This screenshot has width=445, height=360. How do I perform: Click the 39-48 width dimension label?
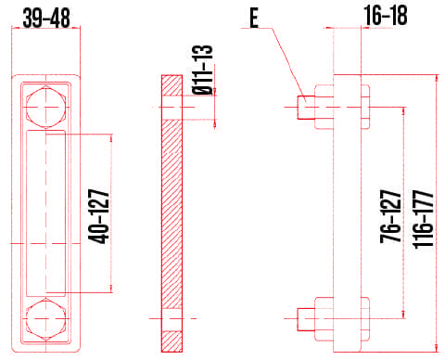[46, 18]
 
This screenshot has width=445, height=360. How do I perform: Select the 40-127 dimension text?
[99, 216]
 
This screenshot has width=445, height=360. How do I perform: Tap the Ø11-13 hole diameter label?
[203, 70]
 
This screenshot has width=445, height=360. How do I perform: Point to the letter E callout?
[254, 18]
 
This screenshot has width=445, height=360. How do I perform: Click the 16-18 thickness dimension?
[386, 16]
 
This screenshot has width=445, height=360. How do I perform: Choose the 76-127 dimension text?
[390, 216]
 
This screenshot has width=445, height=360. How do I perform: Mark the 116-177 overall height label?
[424, 219]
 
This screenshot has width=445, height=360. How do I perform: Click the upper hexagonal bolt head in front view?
[45, 107]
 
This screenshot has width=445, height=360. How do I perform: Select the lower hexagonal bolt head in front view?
[45, 318]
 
